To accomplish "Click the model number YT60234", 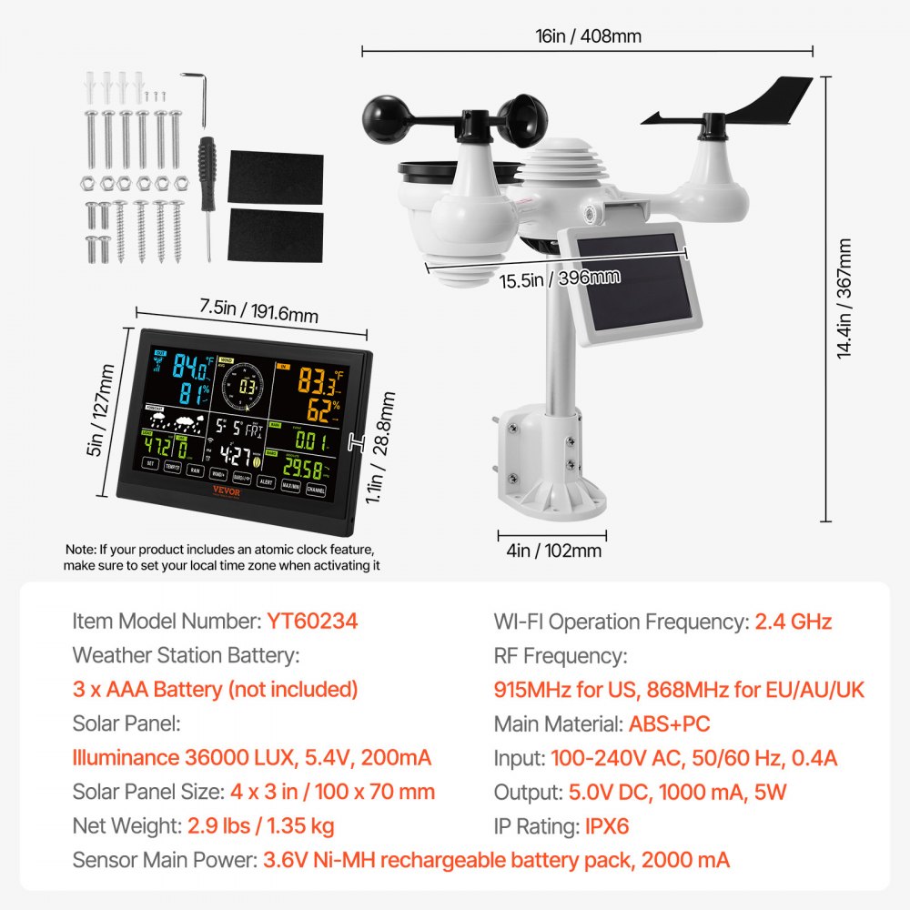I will (x=312, y=622).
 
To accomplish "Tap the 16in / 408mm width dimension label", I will (x=589, y=36).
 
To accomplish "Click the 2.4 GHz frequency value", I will (x=793, y=622).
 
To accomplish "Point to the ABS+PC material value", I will (x=669, y=724).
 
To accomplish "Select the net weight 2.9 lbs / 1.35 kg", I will (x=260, y=826).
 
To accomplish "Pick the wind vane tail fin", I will (x=773, y=100).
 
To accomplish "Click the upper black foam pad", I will (x=275, y=178).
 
